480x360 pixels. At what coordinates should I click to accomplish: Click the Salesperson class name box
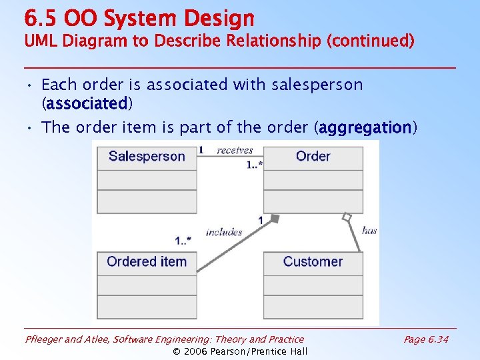coord(147,157)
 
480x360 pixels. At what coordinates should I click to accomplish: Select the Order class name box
coord(313,157)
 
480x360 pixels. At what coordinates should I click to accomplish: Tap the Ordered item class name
coord(147,262)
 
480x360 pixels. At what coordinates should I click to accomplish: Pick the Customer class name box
coord(313,262)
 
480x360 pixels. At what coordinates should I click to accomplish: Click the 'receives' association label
coord(235,151)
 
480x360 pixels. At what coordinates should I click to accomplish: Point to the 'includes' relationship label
coord(224,232)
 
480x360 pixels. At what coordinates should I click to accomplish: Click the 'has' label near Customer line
coord(369,231)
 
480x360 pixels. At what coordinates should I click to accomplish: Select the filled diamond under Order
coord(274,219)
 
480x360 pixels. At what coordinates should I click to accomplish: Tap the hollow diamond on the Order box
coord(346,217)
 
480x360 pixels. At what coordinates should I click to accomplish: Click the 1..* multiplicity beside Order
coord(254,164)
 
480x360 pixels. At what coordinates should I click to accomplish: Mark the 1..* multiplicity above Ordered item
coord(183,241)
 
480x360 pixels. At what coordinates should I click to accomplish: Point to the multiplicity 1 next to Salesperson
coord(201,150)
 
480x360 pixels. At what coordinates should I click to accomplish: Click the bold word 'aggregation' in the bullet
coord(365,127)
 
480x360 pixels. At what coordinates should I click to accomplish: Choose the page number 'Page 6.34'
coord(426,339)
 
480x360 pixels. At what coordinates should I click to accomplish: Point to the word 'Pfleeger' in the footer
coord(44,339)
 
